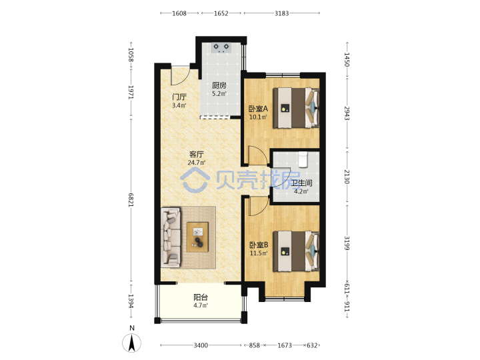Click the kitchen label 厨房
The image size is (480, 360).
coord(219,85)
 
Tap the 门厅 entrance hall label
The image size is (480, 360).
coord(179,97)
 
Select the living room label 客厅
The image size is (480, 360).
coord(197,154)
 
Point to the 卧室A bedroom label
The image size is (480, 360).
coord(258,109)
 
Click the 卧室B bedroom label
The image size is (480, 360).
coord(259,245)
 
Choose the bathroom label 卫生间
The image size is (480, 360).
coord(301,183)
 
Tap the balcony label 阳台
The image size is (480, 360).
coord(201,297)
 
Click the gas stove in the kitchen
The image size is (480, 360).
coord(221,48)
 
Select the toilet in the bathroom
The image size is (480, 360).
coord(303,159)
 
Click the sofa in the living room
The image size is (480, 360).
coord(171,237)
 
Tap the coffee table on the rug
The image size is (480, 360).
coord(198,237)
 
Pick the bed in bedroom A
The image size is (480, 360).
coord(296,108)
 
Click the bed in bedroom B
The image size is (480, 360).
coord(296,251)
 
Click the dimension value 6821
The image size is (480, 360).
coord(131,200)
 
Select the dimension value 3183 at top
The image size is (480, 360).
coord(281,13)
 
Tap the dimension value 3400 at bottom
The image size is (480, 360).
coord(201,345)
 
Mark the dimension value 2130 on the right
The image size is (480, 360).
coord(347,177)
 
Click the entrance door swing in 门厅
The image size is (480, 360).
coord(180,76)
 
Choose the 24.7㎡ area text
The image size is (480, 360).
coord(197,163)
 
